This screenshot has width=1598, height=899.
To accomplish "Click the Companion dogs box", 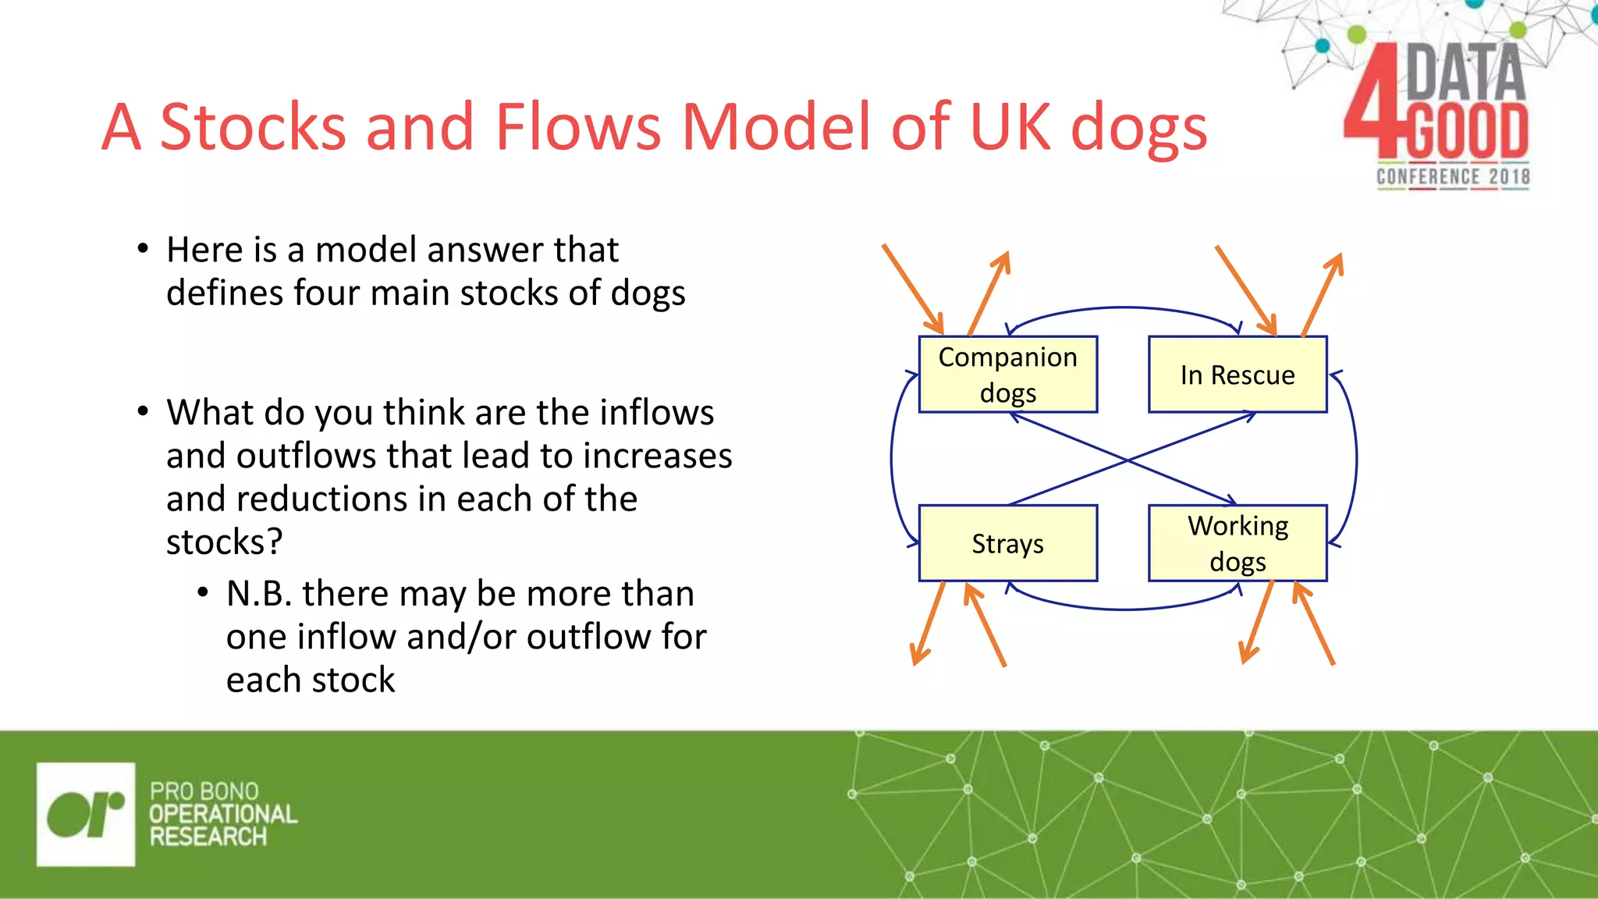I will [1007, 375].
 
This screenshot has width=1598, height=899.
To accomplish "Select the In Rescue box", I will [1238, 375].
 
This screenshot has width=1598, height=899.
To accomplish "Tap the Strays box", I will [1007, 543].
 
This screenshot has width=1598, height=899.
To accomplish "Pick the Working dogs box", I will [1238, 543].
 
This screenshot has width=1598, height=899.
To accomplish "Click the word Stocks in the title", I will [253, 126].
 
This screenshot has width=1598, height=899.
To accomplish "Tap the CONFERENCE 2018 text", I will [1452, 177].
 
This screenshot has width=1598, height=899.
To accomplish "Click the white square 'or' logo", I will [86, 814].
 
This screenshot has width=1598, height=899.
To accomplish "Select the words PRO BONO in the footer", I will [204, 791].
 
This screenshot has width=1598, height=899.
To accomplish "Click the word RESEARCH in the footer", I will [208, 837].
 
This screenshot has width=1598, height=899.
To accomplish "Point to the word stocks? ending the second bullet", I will [224, 542].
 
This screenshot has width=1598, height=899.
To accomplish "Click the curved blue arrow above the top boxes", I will [1124, 308].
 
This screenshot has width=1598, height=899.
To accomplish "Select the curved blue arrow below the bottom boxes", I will [1124, 609].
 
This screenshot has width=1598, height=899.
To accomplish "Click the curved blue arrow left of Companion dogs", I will [893, 459].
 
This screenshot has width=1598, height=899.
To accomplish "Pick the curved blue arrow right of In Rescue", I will [1356, 459].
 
